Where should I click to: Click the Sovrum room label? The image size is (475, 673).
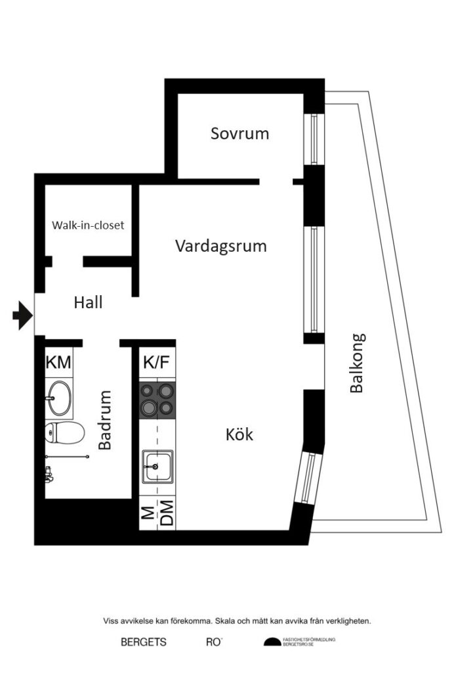(239, 133)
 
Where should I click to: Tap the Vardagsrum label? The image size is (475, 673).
(221, 246)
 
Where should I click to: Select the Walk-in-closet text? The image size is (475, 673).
(88, 225)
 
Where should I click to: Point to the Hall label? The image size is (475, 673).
(88, 303)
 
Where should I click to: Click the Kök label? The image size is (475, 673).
(239, 434)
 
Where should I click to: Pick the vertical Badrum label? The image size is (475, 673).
(105, 420)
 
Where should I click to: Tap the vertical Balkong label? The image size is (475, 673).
(357, 363)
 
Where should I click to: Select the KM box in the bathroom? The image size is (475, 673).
(59, 362)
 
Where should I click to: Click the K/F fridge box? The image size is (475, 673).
(157, 363)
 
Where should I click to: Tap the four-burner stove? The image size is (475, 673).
(157, 399)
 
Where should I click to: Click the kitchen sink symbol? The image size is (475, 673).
(157, 467)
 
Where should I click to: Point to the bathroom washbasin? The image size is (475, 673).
(59, 397)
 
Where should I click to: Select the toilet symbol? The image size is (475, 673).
(64, 433)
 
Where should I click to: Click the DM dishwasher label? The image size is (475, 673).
(167, 514)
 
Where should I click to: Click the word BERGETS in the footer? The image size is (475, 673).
(143, 642)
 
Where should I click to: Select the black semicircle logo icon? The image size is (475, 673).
(272, 642)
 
